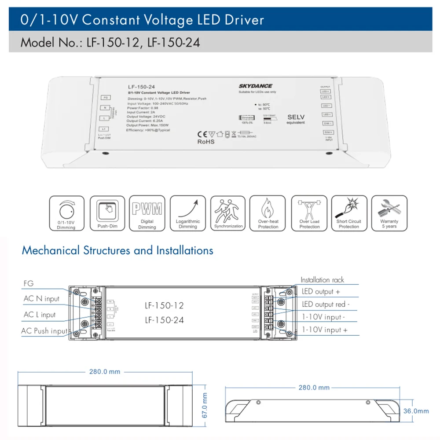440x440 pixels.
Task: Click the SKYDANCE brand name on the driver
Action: tap(255, 86)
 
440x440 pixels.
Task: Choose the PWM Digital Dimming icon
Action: tap(147, 213)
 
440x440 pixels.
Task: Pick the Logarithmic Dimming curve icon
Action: tap(188, 213)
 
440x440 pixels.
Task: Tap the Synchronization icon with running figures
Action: tap(228, 213)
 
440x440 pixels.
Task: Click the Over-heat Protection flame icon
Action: tap(268, 213)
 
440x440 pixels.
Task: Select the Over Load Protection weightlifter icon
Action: tap(309, 213)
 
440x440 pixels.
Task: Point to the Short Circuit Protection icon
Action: tap(349, 213)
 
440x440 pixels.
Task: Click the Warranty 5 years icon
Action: tap(389, 213)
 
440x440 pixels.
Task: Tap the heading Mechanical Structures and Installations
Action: tap(117, 251)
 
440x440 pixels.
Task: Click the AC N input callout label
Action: tap(41, 299)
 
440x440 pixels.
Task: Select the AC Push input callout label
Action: tap(45, 331)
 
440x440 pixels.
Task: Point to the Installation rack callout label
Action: tap(322, 280)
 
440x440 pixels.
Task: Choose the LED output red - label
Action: tap(326, 304)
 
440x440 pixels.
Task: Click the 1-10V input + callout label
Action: tap(324, 330)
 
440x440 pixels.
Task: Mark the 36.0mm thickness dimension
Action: tap(416, 411)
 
